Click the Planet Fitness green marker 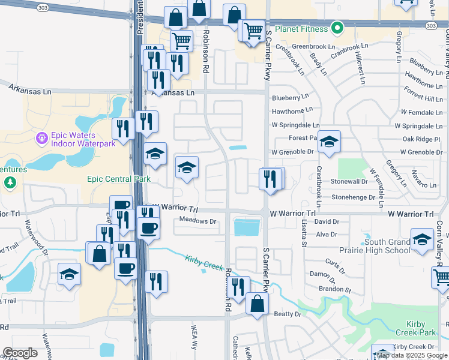337,28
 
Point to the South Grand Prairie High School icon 422,239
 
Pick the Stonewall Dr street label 349,181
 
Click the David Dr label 327,222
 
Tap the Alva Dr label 327,234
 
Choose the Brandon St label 335,289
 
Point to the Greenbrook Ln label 313,47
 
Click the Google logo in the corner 19,353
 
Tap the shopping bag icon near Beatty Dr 257,304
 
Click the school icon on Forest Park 329,142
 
